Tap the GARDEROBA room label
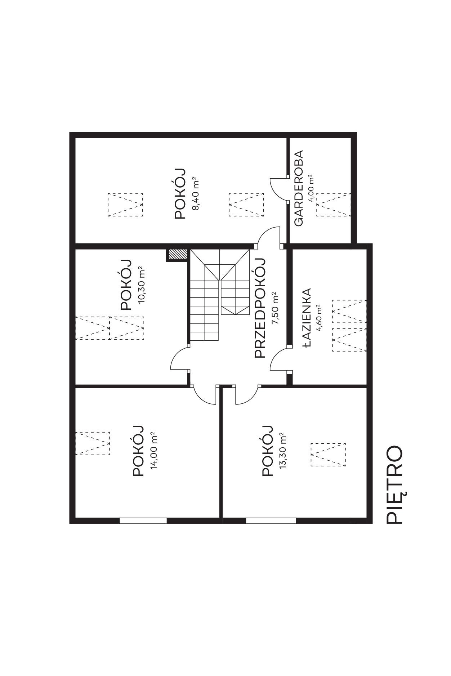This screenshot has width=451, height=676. pos(299,188)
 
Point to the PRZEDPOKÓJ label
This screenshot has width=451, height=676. pos(260,308)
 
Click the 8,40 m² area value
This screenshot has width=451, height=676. pos(196,193)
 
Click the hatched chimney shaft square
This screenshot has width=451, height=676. pos(177,255)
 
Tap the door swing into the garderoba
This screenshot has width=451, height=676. pos(278,189)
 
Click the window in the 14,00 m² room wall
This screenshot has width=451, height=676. pos(143,520)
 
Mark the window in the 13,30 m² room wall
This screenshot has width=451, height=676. pos(271,520)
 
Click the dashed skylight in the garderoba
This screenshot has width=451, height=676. pos(334,205)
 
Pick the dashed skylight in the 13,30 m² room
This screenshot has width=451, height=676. pos(328,455)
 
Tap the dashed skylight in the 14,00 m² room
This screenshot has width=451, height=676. pos(92,444)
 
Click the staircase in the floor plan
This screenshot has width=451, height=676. pos(219,295)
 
